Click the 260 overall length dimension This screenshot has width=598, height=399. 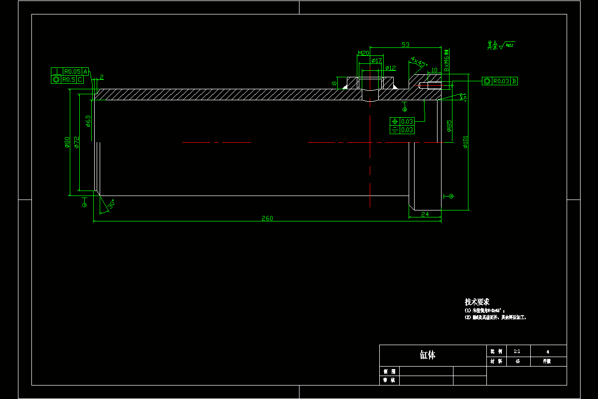(x=268, y=218)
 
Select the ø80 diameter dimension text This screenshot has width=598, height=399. (x=67, y=143)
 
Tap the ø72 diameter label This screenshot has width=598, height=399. (x=76, y=142)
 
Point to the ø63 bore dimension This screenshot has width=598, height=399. (x=88, y=121)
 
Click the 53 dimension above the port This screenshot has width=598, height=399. (x=405, y=45)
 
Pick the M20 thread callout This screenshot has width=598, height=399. (x=363, y=53)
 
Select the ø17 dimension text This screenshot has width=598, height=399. (x=377, y=61)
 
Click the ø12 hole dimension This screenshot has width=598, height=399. (x=390, y=68)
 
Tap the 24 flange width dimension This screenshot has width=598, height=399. (x=425, y=214)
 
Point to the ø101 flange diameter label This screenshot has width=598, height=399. (x=466, y=142)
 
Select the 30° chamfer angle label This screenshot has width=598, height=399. (x=112, y=204)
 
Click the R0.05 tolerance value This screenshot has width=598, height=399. (x=72, y=71)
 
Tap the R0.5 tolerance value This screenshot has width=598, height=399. (x=68, y=79)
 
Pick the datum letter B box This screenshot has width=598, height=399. (x=514, y=81)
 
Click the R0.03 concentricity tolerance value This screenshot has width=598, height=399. (x=501, y=81)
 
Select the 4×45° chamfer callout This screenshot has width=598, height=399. (x=419, y=62)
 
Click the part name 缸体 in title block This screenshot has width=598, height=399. (x=428, y=355)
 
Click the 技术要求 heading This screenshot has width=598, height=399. (x=477, y=302)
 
